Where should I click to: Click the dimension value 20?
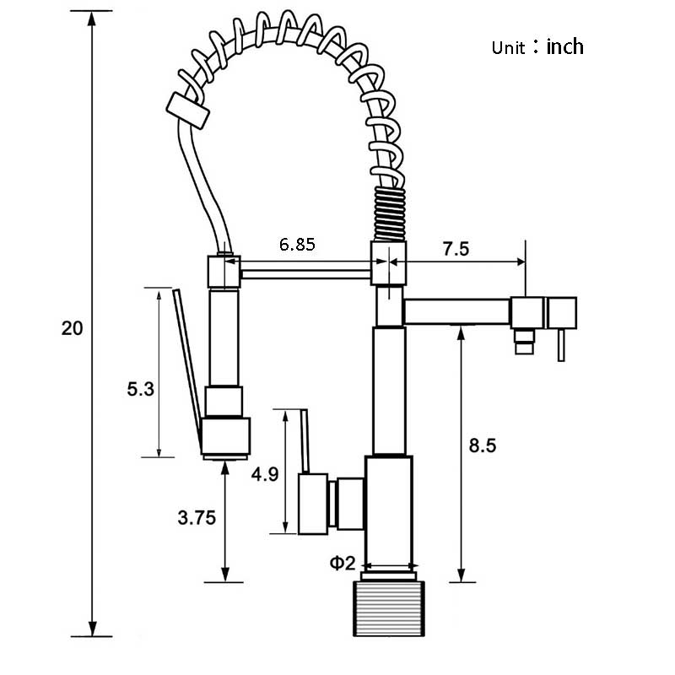click(x=72, y=328)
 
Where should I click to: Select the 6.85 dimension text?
click(x=297, y=245)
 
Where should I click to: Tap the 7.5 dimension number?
click(x=456, y=249)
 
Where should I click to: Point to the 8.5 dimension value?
click(x=483, y=445)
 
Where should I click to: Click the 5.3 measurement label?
click(x=140, y=389)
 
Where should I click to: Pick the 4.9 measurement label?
click(x=265, y=474)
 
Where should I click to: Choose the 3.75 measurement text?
click(x=197, y=517)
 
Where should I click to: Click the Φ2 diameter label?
click(x=343, y=563)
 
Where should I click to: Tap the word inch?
click(x=564, y=46)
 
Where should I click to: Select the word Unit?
click(x=509, y=48)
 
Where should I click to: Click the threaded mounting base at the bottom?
click(x=389, y=608)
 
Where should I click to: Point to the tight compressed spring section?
click(x=390, y=213)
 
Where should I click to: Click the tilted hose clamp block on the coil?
click(x=188, y=111)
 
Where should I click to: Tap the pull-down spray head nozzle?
click(x=225, y=438)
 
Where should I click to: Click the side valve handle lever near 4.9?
click(x=305, y=441)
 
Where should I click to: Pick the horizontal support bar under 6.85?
click(x=305, y=274)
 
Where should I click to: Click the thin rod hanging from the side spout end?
click(x=561, y=345)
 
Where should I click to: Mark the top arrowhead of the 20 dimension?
click(x=92, y=19)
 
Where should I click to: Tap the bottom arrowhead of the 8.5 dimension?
click(x=462, y=575)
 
